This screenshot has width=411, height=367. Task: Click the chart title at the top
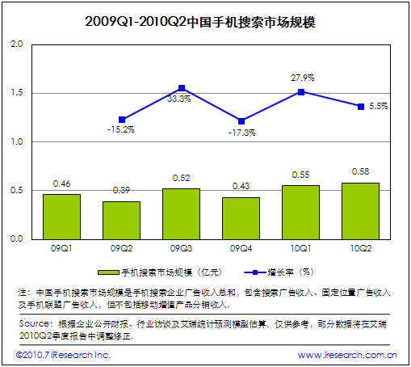click(205, 21)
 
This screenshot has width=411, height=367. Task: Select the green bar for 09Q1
click(61, 217)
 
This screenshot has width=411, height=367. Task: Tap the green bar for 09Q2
click(121, 220)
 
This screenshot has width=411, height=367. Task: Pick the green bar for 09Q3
click(182, 213)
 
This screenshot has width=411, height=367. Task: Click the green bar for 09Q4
click(241, 218)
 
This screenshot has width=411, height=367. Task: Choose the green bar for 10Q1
click(300, 212)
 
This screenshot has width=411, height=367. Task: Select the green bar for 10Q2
click(360, 211)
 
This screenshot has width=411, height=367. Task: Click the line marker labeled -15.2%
click(122, 120)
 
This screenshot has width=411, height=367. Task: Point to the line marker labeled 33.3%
click(182, 88)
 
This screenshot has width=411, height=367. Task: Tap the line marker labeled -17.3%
click(241, 121)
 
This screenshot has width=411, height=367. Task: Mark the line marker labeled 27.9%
click(300, 92)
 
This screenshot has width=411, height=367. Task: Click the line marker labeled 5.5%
click(360, 107)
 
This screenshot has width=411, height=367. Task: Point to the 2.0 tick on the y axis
click(15, 44)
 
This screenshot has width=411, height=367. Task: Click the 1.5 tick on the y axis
click(15, 93)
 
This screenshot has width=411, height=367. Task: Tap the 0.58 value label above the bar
click(360, 172)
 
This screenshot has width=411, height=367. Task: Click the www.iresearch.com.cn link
click(347, 355)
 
